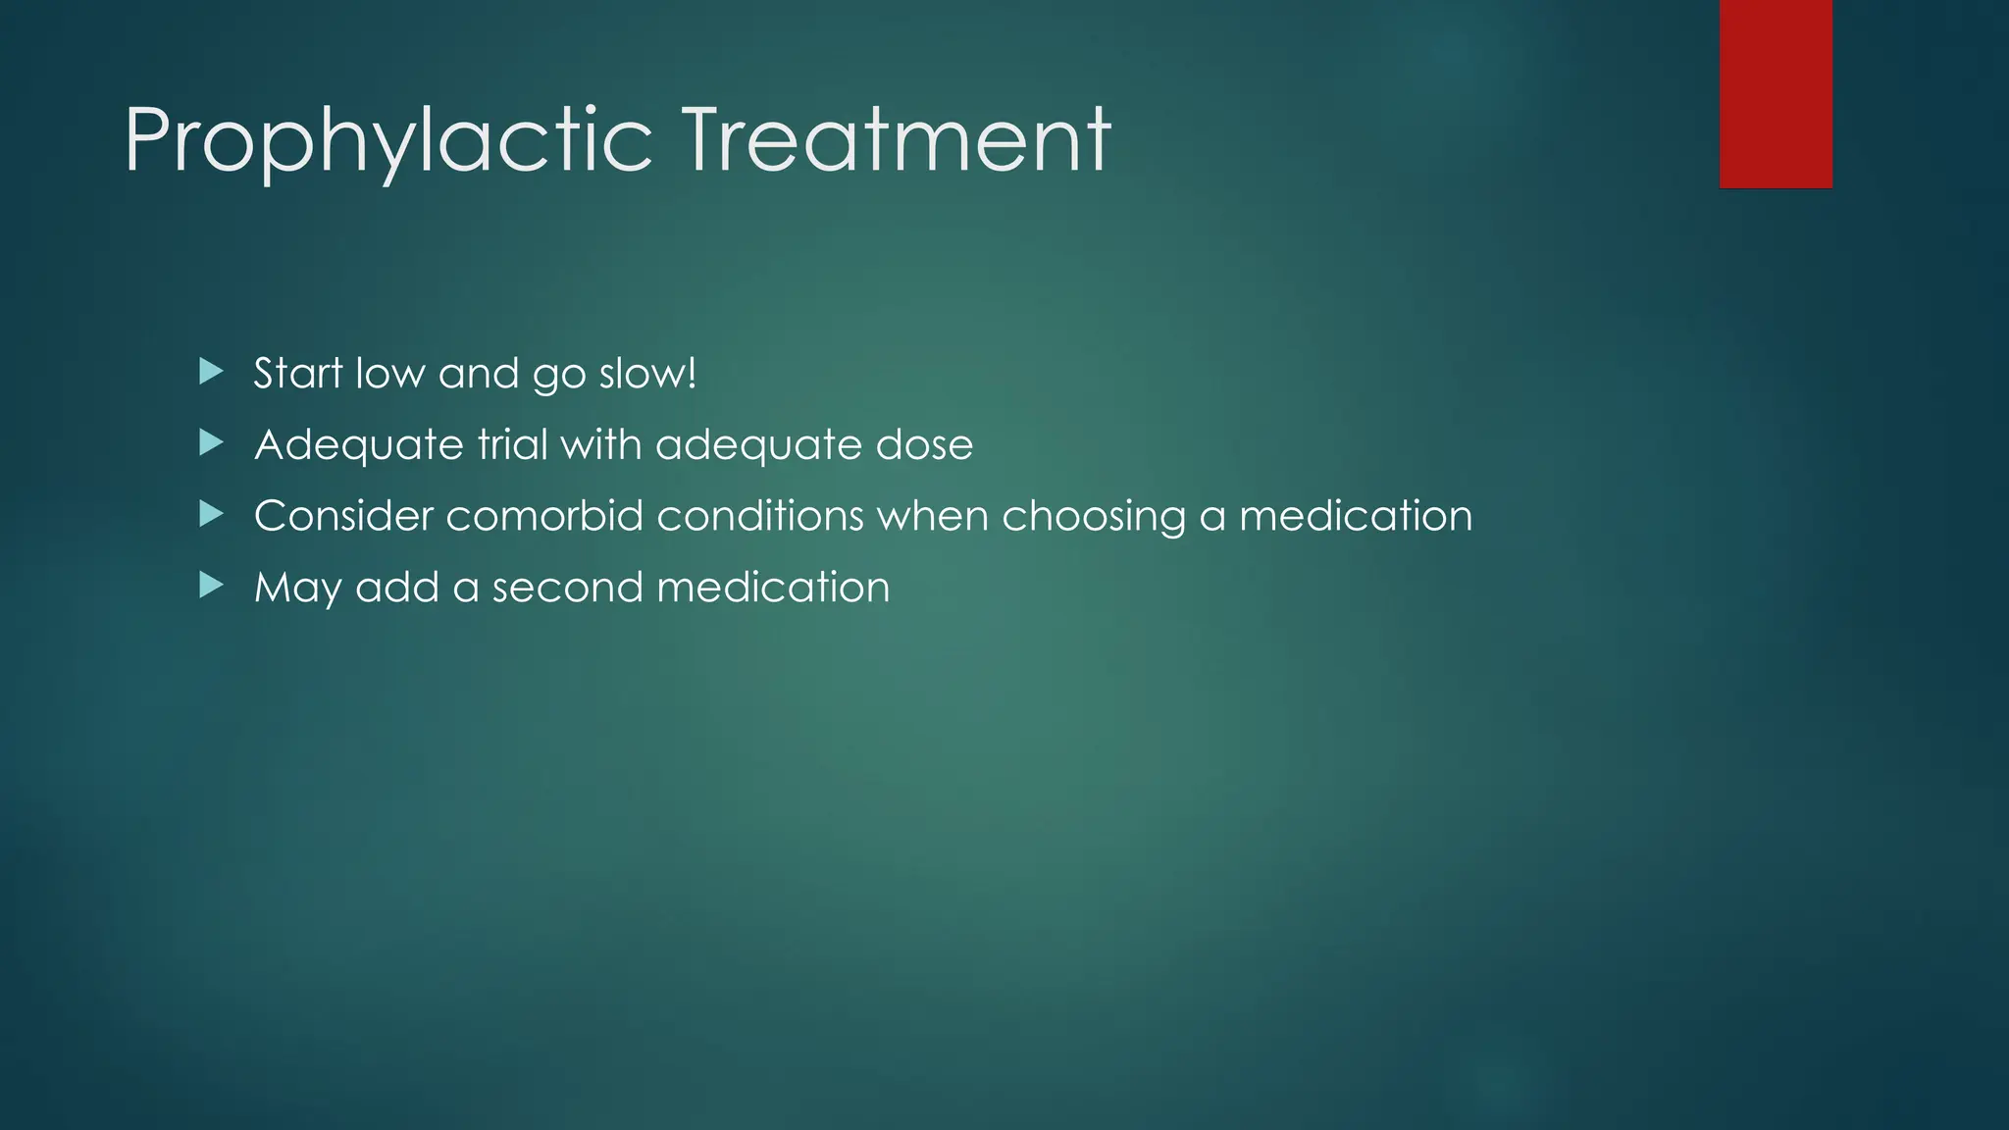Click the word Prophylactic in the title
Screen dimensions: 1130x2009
(x=387, y=142)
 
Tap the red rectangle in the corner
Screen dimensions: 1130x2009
(x=1776, y=94)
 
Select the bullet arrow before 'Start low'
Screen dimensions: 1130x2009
(x=211, y=372)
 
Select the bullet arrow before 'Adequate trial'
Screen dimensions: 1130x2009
(x=211, y=443)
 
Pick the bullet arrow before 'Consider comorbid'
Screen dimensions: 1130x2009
(x=211, y=515)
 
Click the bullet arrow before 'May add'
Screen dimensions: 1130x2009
(x=211, y=587)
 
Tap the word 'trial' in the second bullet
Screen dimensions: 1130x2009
(x=512, y=444)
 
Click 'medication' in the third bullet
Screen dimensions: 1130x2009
(x=1355, y=516)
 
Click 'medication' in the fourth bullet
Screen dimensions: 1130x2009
(x=773, y=588)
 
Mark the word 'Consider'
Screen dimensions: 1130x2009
(x=343, y=516)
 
